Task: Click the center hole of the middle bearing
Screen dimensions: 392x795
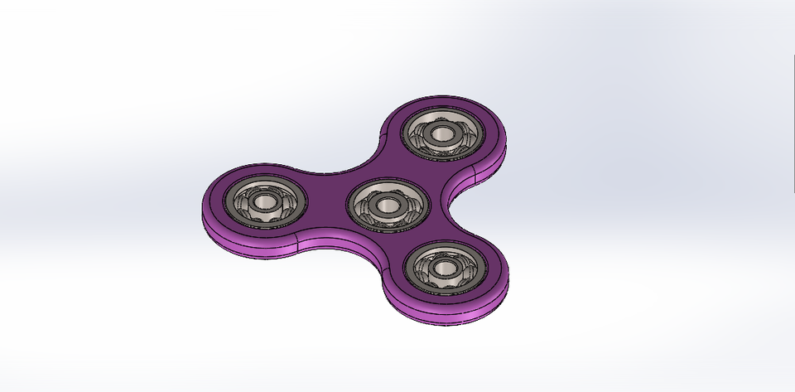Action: pos(387,203)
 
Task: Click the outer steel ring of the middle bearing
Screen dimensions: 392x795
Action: pos(387,184)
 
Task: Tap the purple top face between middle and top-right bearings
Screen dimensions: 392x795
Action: pos(397,162)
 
